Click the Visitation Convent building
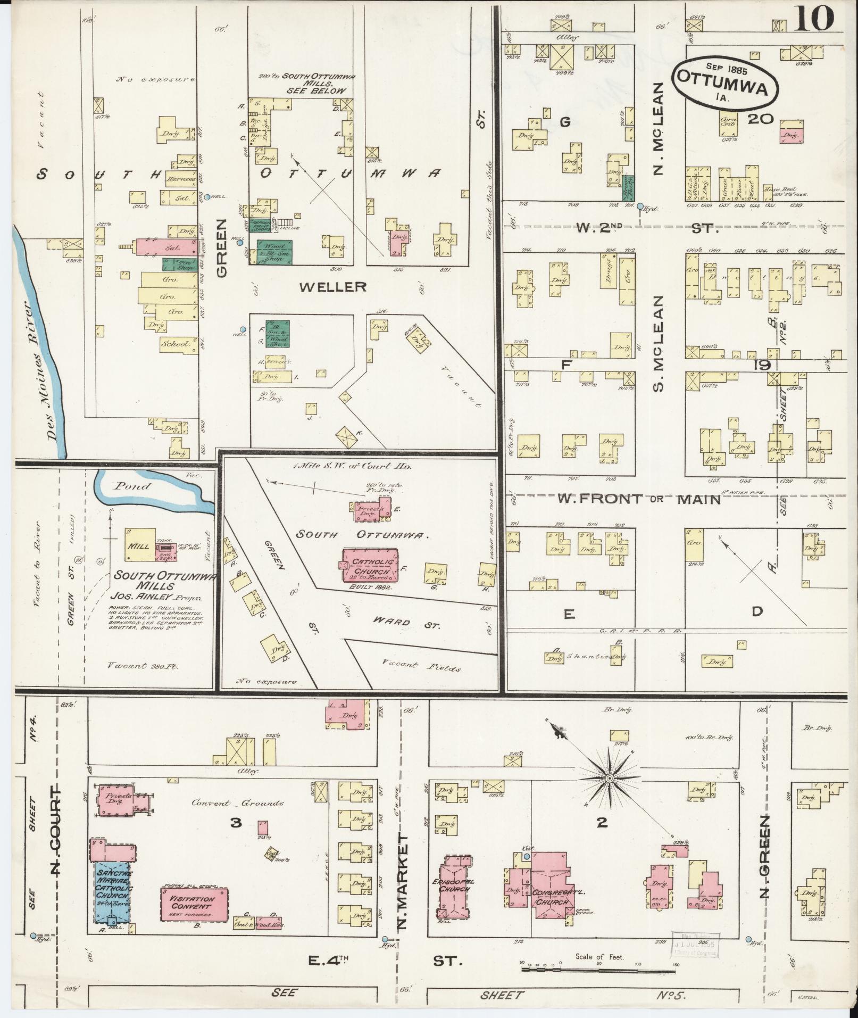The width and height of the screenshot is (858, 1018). pyautogui.click(x=194, y=903)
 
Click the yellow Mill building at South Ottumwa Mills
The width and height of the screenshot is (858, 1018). pyautogui.click(x=140, y=544)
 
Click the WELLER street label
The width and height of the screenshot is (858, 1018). pyautogui.click(x=333, y=287)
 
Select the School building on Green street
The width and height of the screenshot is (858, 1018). pyautogui.click(x=176, y=344)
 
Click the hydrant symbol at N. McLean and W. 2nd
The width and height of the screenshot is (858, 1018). pyautogui.click(x=640, y=206)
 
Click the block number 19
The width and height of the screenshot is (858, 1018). pyautogui.click(x=762, y=365)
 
